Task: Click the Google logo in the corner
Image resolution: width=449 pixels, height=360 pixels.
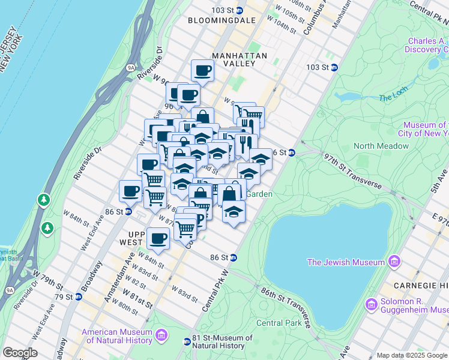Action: click(20, 353)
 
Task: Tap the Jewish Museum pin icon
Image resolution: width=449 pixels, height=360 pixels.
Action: click(394, 262)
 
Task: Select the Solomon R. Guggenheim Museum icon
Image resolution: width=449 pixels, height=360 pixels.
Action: click(371, 305)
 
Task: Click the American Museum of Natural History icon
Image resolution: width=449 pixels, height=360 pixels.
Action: click(161, 335)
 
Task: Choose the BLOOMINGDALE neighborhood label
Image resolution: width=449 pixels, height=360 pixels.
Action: click(221, 20)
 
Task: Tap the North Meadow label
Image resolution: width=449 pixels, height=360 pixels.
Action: click(381, 146)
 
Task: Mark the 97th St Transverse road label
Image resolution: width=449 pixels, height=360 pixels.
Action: click(353, 173)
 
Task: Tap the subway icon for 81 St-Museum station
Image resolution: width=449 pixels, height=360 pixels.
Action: click(187, 341)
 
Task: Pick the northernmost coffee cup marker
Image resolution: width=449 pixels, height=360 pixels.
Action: click(202, 71)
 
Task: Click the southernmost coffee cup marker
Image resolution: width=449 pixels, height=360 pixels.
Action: click(158, 238)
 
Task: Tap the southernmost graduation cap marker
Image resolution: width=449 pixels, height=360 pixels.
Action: click(234, 212)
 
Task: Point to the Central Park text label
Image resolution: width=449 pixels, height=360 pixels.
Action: click(279, 323)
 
